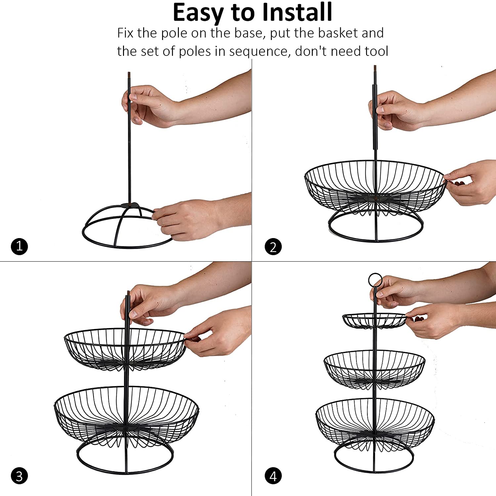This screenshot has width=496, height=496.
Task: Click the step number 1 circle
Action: (x=19, y=246)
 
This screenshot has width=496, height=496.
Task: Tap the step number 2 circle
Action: (x=273, y=247)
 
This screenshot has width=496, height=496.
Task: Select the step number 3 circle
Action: (x=19, y=476)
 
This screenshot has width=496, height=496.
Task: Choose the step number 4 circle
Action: (x=273, y=476)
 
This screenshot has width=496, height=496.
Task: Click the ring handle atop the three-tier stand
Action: (x=375, y=274)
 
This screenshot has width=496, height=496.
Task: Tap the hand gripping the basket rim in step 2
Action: (x=470, y=182)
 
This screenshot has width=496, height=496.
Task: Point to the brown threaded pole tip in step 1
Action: (x=129, y=76)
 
